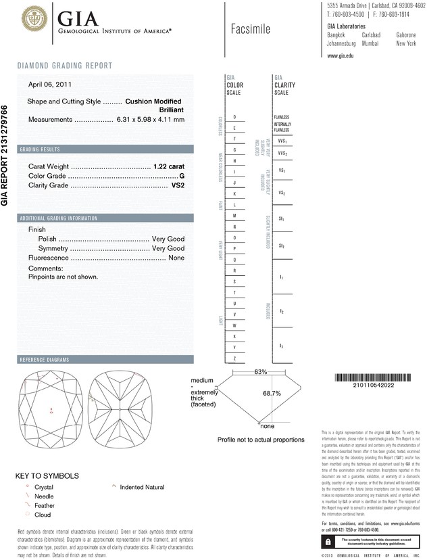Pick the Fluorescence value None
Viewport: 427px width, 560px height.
176,258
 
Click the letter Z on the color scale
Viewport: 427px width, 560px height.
234,357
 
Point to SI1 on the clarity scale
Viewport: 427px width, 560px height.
281,219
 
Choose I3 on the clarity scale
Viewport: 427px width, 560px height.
281,346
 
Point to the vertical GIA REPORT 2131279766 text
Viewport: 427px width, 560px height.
6,155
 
